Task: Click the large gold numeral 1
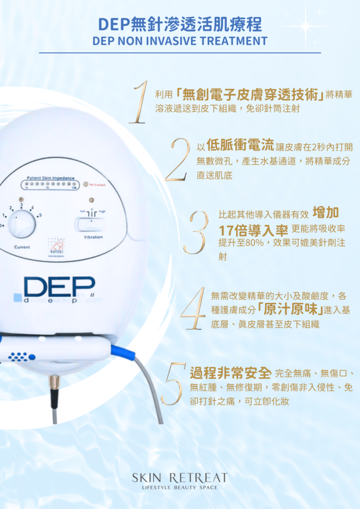139,102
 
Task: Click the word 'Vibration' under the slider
93,238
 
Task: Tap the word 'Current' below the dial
22,247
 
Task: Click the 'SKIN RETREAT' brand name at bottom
180,478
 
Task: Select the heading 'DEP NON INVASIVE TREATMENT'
180,41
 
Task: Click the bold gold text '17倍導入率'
253,231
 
